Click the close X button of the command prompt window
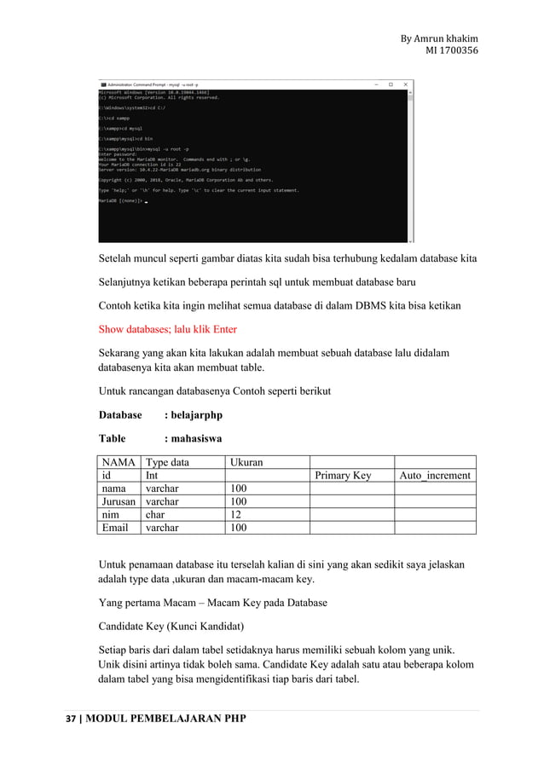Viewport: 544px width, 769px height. (x=405, y=84)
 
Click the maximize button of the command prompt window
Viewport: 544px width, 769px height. (x=391, y=84)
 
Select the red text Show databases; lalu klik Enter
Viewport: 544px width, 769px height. (x=168, y=329)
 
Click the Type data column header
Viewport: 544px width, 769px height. (x=167, y=462)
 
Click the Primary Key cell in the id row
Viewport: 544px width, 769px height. (x=343, y=476)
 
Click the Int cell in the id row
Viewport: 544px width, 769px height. (x=151, y=476)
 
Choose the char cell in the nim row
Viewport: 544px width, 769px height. (x=155, y=515)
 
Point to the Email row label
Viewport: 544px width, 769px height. (x=115, y=528)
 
